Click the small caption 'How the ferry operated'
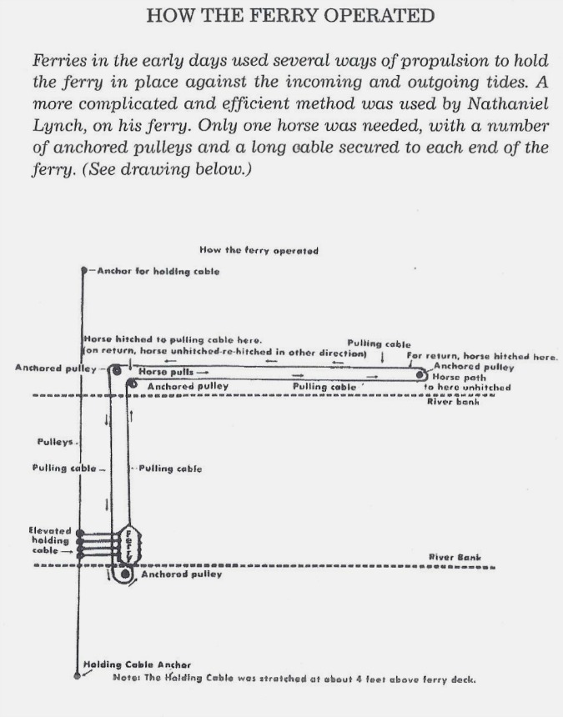click(259, 249)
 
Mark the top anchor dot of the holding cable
click(83, 271)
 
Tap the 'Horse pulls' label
click(168, 371)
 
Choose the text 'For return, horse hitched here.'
click(481, 356)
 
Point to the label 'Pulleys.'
click(53, 441)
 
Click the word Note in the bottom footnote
click(125, 678)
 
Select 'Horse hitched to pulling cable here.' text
click(173, 339)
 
